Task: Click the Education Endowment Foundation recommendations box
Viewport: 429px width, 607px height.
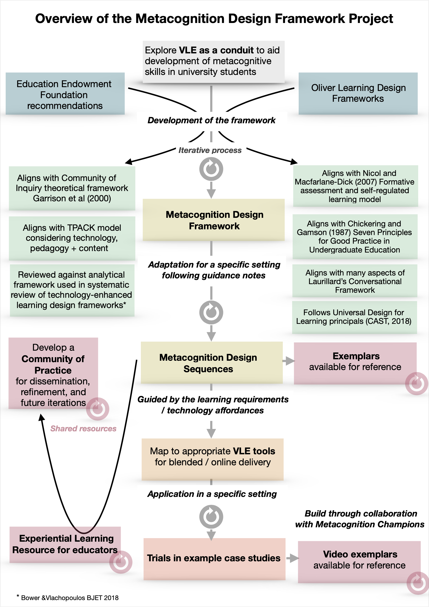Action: tap(65, 94)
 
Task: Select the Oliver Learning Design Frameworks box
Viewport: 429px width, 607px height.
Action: tap(358, 93)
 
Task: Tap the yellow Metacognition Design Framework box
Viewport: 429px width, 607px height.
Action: tap(214, 220)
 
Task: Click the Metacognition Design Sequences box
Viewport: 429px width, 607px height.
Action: tap(212, 363)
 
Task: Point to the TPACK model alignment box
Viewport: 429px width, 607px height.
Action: tap(72, 238)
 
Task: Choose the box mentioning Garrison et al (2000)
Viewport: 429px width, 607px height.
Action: tap(72, 188)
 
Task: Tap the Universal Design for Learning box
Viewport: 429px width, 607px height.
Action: tap(354, 317)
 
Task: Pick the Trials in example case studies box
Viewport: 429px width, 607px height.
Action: tap(214, 558)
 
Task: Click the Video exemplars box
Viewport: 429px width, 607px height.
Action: tap(359, 560)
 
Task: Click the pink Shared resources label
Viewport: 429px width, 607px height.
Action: tap(83, 428)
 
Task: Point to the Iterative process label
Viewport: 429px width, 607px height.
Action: tap(210, 150)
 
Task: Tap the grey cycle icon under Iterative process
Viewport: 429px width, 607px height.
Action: tap(211, 169)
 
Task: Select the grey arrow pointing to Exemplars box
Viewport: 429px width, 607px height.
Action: tap(288, 361)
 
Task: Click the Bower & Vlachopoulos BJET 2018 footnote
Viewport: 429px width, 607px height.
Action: tap(69, 598)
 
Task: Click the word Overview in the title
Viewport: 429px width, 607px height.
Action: tap(63, 18)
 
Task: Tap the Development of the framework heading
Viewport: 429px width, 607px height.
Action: tap(211, 120)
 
